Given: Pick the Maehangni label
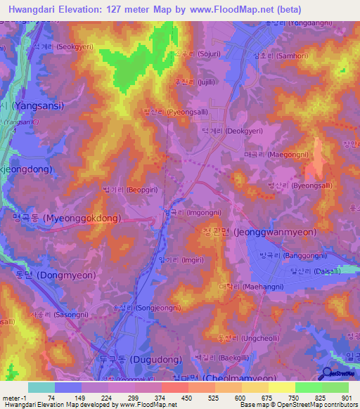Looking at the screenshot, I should (251, 287).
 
